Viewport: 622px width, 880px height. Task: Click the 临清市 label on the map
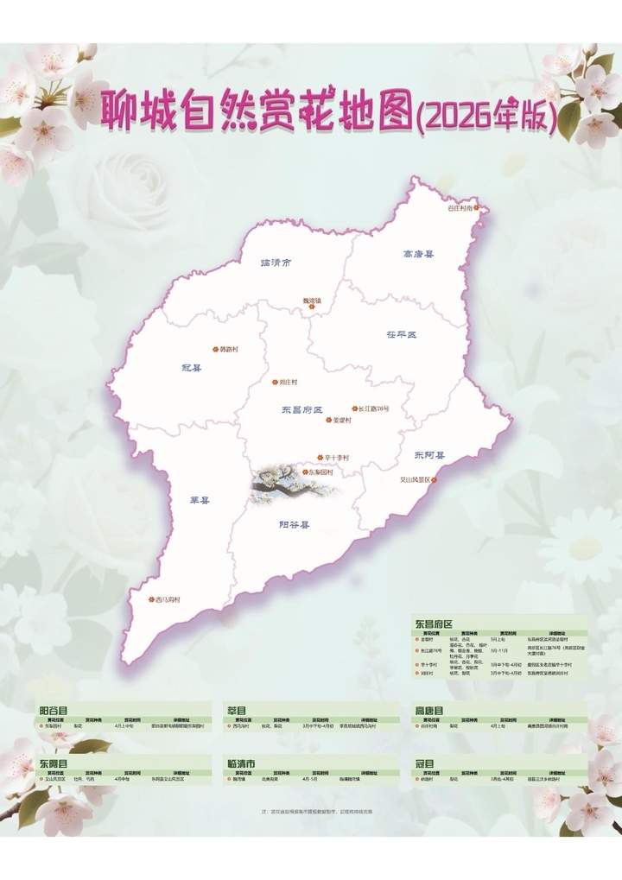pyautogui.click(x=276, y=262)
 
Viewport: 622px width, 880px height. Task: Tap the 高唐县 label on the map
pyautogui.click(x=418, y=255)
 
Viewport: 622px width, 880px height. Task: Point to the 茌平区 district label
pyautogui.click(x=400, y=333)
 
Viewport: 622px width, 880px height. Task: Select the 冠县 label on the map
pyautogui.click(x=191, y=367)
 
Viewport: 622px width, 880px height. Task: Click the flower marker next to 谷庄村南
pyautogui.click(x=485, y=208)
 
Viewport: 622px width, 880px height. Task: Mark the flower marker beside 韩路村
pyautogui.click(x=215, y=349)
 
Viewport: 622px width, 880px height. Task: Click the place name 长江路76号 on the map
pyautogui.click(x=374, y=408)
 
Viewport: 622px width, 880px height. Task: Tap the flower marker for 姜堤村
pyautogui.click(x=328, y=421)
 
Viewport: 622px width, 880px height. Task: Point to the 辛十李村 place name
pyautogui.click(x=336, y=457)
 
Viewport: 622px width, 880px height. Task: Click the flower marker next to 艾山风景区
pyautogui.click(x=435, y=479)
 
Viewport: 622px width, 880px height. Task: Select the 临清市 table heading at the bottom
pyautogui.click(x=240, y=763)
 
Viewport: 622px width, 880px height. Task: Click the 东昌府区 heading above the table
pyautogui.click(x=435, y=622)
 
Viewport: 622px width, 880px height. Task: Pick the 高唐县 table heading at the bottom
pyautogui.click(x=428, y=710)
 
